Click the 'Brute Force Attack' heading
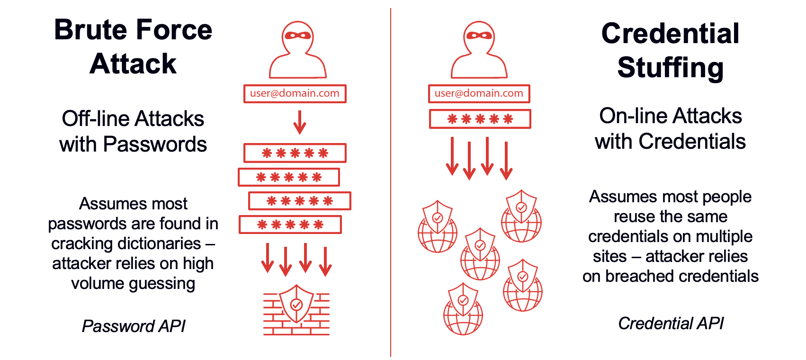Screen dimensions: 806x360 click(x=133, y=46)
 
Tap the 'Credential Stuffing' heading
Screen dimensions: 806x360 click(x=670, y=50)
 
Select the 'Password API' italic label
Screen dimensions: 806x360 click(x=134, y=326)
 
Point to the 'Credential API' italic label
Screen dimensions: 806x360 click(x=671, y=323)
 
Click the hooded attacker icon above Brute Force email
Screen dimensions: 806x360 click(x=297, y=50)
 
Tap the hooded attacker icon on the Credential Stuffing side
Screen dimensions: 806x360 click(x=479, y=50)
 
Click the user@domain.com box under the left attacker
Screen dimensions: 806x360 click(x=295, y=93)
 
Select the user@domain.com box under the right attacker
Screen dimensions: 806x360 click(x=479, y=93)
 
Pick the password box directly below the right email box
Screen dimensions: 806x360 click(x=480, y=118)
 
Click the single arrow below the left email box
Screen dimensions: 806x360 click(x=299, y=122)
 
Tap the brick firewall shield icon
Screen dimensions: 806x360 click(x=296, y=310)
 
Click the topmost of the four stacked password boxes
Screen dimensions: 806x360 click(x=295, y=153)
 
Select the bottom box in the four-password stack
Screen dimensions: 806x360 click(x=290, y=225)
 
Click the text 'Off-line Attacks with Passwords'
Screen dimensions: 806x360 click(x=133, y=131)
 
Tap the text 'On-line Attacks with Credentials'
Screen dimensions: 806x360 click(x=670, y=128)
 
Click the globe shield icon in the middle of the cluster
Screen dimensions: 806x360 click(x=480, y=254)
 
